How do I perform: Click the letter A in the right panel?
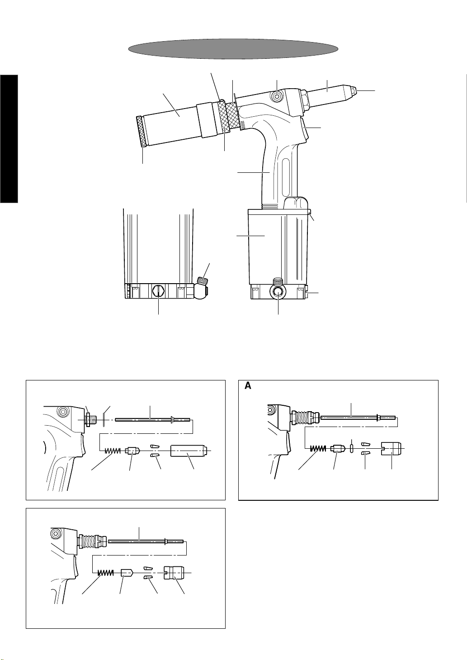pos(248,386)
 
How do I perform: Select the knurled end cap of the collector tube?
pos(141,131)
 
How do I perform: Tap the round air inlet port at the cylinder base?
pos(276,292)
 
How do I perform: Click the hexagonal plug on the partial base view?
pos(158,290)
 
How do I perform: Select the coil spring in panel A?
pos(318,448)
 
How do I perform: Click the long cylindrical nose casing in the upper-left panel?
pos(188,451)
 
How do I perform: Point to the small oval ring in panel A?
pos(352,448)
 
